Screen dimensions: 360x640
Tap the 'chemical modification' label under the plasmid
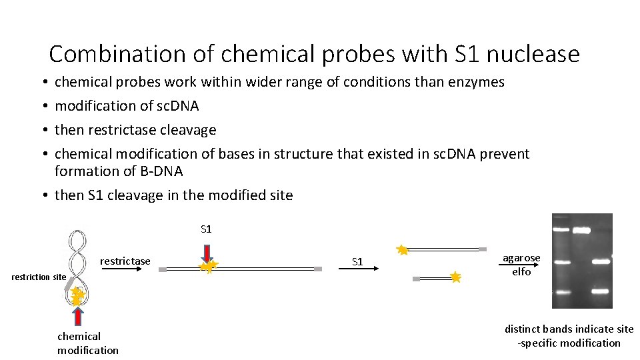(x=87, y=343)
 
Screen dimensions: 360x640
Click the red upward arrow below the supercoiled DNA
(x=78, y=317)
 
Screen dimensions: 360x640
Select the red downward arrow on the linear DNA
(x=207, y=253)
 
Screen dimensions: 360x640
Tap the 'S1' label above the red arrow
(x=206, y=229)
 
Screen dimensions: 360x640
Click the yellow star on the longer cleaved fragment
(x=402, y=250)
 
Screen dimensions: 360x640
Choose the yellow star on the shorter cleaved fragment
(x=455, y=277)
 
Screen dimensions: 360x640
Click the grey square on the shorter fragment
(x=417, y=279)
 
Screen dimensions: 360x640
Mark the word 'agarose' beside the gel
(x=521, y=258)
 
